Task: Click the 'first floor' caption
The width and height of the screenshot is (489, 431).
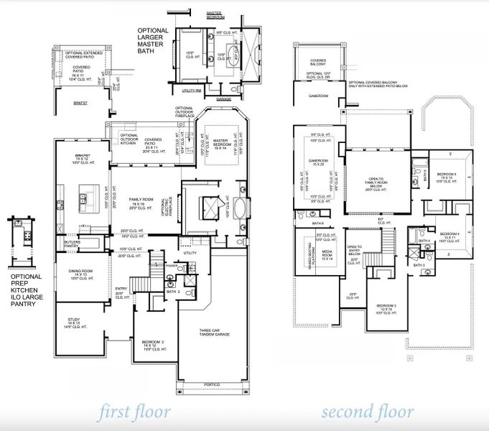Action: (136, 412)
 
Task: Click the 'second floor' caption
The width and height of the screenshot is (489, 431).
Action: (367, 412)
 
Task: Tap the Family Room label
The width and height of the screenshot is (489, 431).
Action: (140, 200)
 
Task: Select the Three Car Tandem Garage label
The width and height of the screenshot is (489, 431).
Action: (214, 333)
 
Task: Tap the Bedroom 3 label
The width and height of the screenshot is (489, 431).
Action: (386, 309)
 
